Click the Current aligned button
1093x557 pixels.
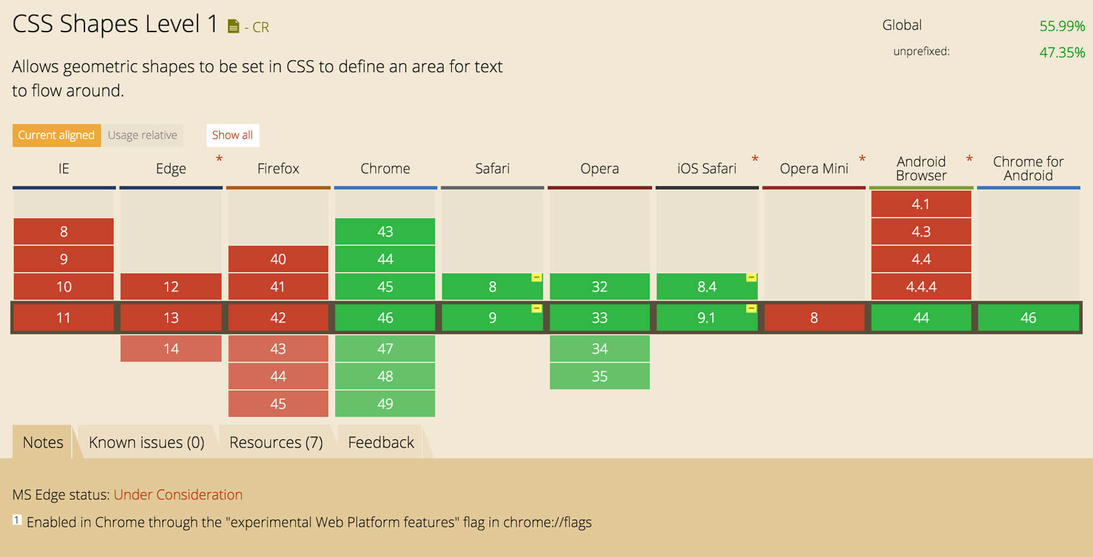point(56,135)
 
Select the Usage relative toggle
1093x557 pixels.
point(143,135)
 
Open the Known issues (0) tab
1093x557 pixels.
point(146,442)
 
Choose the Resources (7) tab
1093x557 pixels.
point(276,442)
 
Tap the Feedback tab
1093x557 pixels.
point(381,442)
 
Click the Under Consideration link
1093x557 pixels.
point(178,494)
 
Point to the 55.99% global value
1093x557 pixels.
point(1061,26)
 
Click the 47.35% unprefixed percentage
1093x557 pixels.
point(1061,52)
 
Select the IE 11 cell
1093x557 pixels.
point(64,318)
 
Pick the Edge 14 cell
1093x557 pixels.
point(171,349)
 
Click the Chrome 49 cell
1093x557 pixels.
point(385,404)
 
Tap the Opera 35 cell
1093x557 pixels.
point(599,376)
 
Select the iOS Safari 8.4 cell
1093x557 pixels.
point(706,287)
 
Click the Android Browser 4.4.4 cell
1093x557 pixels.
point(921,287)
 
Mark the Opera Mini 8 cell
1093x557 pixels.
point(814,318)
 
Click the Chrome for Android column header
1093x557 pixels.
point(1028,168)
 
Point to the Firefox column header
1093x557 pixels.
point(278,168)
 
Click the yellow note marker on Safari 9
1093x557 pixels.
point(536,309)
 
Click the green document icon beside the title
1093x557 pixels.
point(233,26)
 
